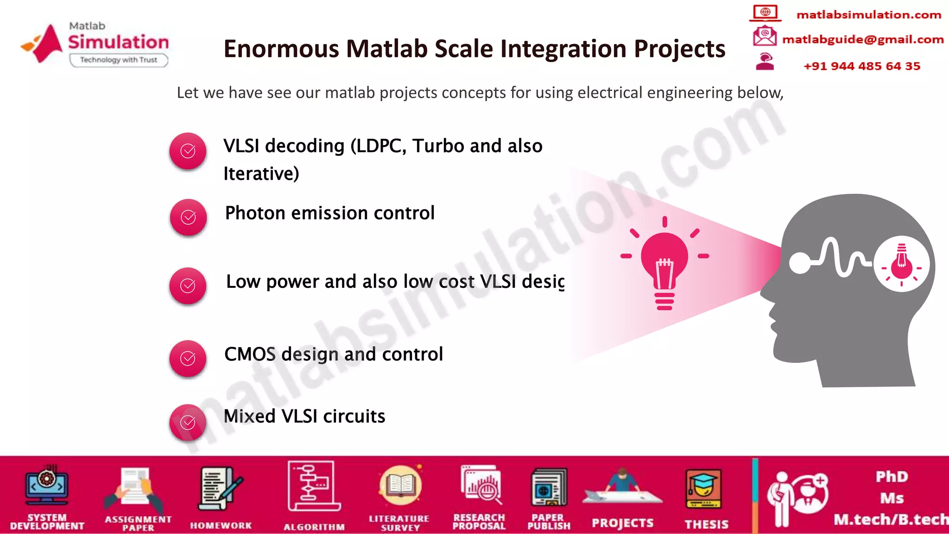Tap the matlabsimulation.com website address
868,15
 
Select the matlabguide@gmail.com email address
862,39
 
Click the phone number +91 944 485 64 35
861,66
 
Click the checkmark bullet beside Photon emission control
188,217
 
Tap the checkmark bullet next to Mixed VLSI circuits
188,422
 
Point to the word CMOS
250,354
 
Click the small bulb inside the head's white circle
901,264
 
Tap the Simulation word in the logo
119,42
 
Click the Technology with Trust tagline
119,60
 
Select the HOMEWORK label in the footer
221,525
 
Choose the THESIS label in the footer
706,524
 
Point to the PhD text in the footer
892,477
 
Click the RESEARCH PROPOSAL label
479,521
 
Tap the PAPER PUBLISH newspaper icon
549,487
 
